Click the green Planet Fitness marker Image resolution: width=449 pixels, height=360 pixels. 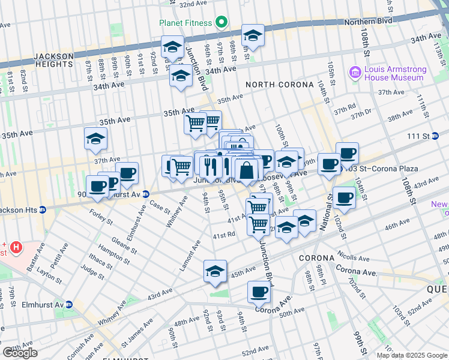(x=221, y=23)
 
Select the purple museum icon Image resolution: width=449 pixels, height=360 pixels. (x=355, y=73)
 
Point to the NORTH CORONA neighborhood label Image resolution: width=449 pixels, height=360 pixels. (x=279, y=85)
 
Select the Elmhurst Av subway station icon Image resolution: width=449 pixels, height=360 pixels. (x=68, y=304)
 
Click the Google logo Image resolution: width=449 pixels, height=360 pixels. (x=20, y=353)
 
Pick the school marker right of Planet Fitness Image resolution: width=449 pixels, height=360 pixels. (x=253, y=35)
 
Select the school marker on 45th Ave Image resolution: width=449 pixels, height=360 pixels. (x=215, y=271)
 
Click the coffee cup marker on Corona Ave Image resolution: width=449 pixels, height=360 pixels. (x=259, y=292)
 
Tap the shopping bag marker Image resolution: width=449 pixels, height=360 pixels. (x=246, y=170)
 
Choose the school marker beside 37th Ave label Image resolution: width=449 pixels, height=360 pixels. (x=95, y=139)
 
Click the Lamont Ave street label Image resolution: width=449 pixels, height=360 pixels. (x=190, y=255)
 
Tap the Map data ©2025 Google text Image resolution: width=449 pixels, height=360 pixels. (x=412, y=355)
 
